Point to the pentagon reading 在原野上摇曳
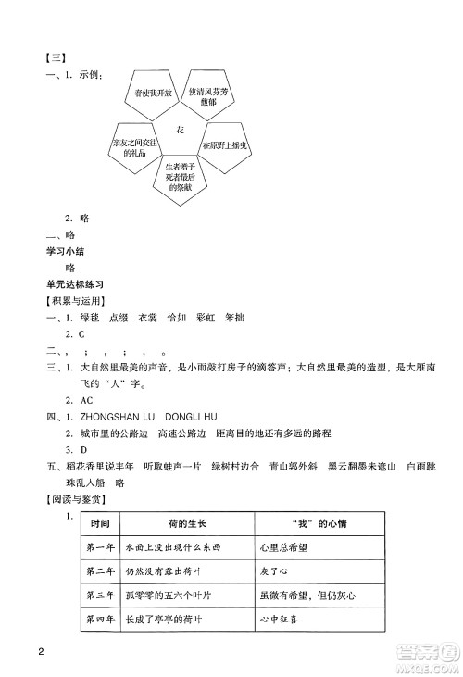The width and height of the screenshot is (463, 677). point(223,146)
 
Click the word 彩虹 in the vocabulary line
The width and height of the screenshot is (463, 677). point(206,318)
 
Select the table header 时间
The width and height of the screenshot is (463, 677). point(100,525)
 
